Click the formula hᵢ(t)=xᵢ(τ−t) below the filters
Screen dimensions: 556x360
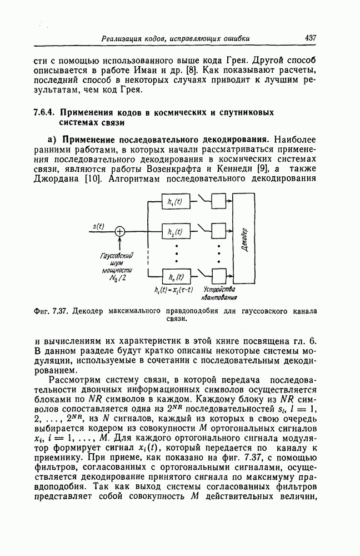[x=173, y=290]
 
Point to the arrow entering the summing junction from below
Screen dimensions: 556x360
[x=119, y=243]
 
